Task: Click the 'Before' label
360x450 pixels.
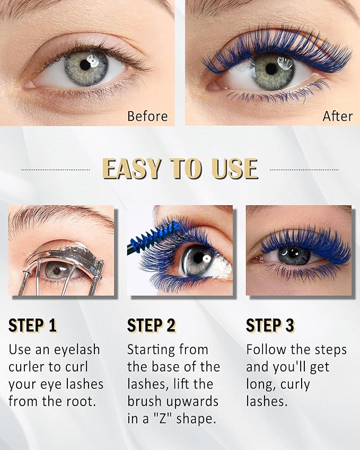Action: click(x=147, y=116)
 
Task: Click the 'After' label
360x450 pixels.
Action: click(x=338, y=116)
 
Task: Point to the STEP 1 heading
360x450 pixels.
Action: click(x=32, y=325)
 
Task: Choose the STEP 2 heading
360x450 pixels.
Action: click(x=151, y=325)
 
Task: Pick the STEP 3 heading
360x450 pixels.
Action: click(x=270, y=325)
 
